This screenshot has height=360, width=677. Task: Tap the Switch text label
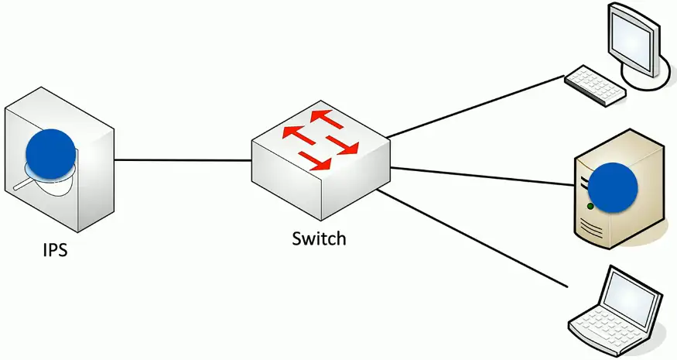click(x=319, y=238)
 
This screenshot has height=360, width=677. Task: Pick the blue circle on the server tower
click(x=613, y=187)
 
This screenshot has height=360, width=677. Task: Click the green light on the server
click(x=590, y=207)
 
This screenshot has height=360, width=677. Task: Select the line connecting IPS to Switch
click(x=183, y=160)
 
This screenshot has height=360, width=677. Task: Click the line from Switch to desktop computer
click(x=476, y=107)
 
